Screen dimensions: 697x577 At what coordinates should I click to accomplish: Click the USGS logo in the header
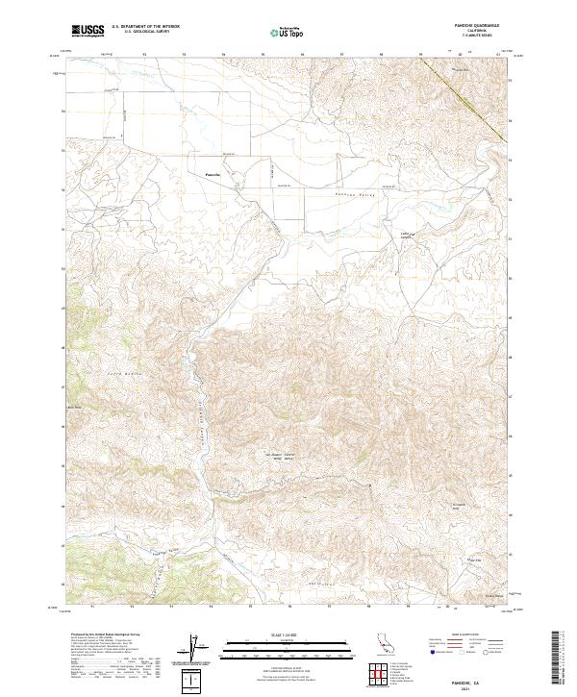88,32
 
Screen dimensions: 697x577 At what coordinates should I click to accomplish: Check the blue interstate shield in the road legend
432,653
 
